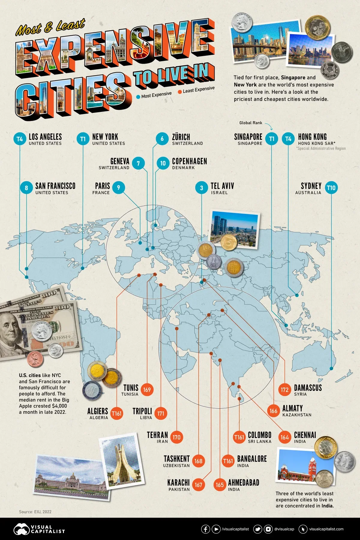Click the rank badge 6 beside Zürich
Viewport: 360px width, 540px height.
tap(162, 139)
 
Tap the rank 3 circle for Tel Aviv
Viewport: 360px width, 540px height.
tap(202, 188)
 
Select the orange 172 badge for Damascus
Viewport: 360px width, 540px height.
tap(284, 390)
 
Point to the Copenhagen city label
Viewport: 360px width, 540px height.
tap(189, 161)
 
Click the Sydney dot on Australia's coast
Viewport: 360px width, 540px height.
tap(331, 368)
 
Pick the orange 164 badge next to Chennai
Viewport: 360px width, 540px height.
tap(284, 437)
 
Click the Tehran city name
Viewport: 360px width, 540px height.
tap(157, 435)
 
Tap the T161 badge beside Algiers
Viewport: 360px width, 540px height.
tap(116, 413)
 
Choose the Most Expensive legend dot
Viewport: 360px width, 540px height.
tap(138, 97)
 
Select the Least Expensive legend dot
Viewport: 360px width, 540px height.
tap(180, 91)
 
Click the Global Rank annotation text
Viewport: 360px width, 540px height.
tap(251, 123)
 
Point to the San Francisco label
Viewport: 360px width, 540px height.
tap(55, 186)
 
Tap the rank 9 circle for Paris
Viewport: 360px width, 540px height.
tap(118, 187)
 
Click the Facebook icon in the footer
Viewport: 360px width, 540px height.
tap(205, 529)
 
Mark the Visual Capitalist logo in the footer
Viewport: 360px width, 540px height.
tap(39, 529)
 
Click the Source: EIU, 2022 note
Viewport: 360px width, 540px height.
tap(35, 511)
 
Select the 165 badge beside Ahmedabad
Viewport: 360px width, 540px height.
tap(220, 485)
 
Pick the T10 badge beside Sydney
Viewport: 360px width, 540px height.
tap(331, 188)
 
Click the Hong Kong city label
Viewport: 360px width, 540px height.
tap(312, 137)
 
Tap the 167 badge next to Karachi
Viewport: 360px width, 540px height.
tap(198, 485)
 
